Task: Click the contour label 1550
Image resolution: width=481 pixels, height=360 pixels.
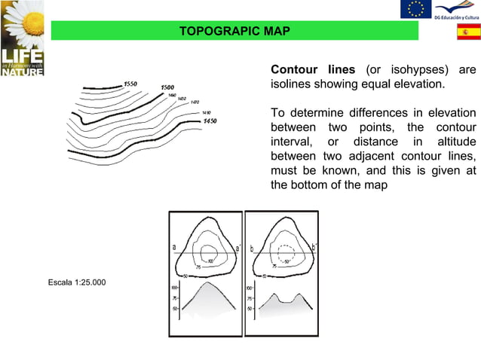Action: [x=131, y=84]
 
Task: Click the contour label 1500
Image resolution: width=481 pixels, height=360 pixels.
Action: [x=167, y=88]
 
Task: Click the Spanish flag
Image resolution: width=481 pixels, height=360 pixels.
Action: [x=469, y=33]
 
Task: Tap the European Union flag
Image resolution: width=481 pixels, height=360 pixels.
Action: [x=415, y=8]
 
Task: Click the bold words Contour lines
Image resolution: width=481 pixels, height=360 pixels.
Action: [x=314, y=70]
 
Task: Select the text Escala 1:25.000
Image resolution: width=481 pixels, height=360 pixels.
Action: [x=77, y=282]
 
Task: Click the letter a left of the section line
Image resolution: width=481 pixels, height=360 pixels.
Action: [x=174, y=248]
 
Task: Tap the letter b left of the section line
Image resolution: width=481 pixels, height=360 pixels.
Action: [x=251, y=248]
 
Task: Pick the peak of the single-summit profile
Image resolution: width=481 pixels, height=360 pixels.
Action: [x=207, y=285]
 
